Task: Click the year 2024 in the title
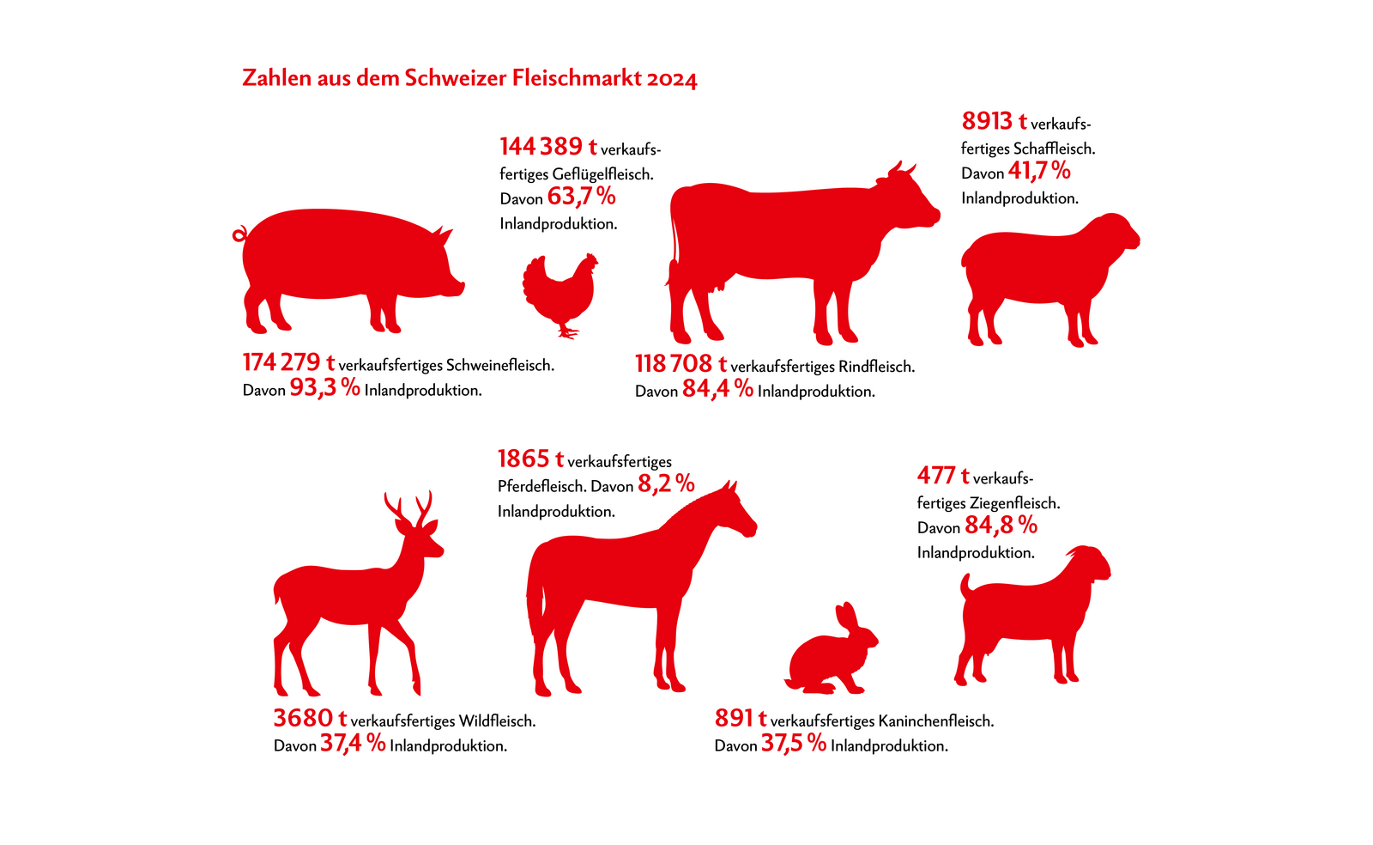[672, 79]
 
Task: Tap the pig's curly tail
[239, 234]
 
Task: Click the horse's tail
[535, 610]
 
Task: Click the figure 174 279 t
[288, 363]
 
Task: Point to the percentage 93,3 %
[324, 388]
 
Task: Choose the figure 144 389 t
[548, 147]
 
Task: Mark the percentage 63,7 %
[581, 198]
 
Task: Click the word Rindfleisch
[876, 367]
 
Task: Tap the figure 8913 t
[994, 121]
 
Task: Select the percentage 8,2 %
[666, 485]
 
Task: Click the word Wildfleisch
[497, 721]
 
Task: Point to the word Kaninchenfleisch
[936, 721]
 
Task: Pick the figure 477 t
[942, 476]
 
